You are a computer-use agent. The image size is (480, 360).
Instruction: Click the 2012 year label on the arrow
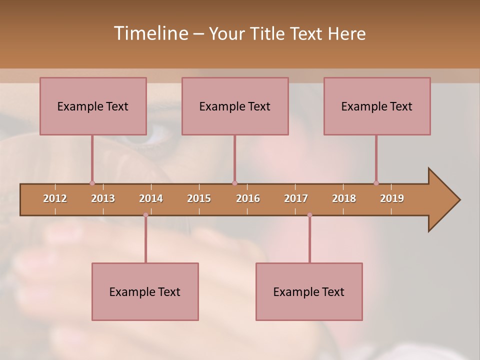pos(55,198)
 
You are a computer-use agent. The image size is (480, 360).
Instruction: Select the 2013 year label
pos(103,198)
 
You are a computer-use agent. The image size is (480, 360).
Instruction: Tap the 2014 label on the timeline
pos(151,198)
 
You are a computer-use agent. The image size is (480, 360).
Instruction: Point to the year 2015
pos(199,198)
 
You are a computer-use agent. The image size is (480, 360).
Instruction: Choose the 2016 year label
pos(248,198)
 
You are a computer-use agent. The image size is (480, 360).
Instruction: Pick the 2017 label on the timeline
pos(296,198)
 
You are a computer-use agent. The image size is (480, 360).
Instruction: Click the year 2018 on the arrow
pos(344,198)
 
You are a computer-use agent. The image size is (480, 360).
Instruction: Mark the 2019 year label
pos(392,198)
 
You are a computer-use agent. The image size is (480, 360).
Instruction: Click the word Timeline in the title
pos(150,33)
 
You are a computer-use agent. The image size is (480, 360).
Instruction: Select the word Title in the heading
pos(268,33)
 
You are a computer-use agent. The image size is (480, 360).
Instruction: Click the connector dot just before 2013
pos(92,183)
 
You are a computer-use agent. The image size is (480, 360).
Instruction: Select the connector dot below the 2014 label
pos(145,215)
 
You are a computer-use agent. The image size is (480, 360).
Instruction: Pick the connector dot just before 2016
pos(234,183)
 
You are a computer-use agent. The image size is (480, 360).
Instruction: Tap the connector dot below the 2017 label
pos(309,215)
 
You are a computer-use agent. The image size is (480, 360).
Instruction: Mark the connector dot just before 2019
pos(376,183)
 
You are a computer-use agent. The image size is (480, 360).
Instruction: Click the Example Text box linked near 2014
pos(145,291)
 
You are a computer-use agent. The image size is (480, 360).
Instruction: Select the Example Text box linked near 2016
pos(235,106)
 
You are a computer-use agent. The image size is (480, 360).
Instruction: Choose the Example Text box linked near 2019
pos(377,106)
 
